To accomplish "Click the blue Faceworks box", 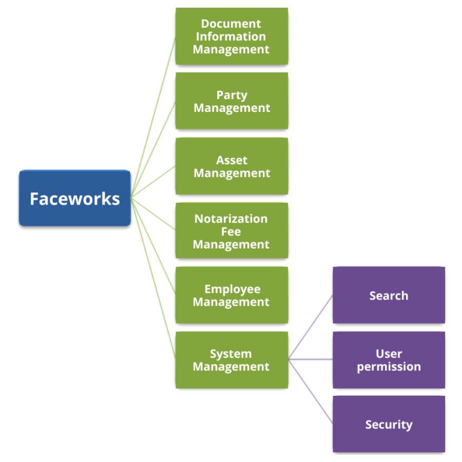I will coord(75,198).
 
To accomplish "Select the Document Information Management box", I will coord(232,36).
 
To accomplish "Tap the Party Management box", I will coord(232,101).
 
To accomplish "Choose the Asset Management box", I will coord(232,166).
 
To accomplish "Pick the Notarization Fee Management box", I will coord(232,231).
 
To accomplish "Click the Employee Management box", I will coord(232,295).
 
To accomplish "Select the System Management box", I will coord(232,360).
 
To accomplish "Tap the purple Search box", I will coord(389,295).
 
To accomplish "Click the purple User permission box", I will coord(389,360).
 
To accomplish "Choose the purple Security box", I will coord(389,424).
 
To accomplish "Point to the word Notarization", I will coord(231,218).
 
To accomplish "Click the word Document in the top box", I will coord(231,23).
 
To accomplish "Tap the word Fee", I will coord(231,232).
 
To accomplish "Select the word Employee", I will coord(232,289).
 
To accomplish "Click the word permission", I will coord(389,366).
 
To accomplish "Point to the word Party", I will coord(232,95).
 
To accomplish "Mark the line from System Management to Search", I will coord(310,328).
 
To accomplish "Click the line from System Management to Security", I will coord(310,392).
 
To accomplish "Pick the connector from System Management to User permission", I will coord(310,360).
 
